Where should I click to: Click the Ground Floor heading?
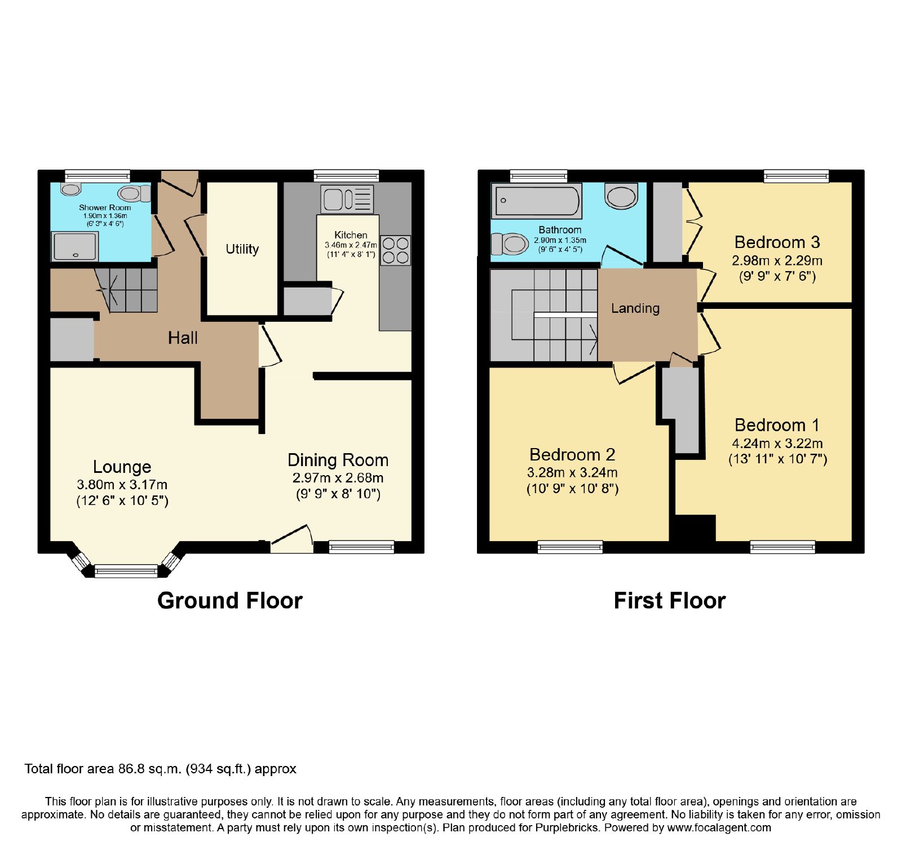230,600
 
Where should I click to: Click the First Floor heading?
670,600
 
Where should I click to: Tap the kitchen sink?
347,199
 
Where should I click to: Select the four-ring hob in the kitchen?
395,250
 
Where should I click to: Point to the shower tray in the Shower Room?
75,247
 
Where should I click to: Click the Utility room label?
242,249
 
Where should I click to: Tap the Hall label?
183,338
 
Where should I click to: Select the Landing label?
635,308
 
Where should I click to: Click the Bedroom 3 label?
777,242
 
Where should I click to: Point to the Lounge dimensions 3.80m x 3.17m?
122,485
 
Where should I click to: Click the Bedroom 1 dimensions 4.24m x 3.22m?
777,444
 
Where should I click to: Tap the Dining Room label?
338,460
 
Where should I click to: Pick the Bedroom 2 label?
572,454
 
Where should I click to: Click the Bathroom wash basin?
621,196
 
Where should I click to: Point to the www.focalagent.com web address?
719,828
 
